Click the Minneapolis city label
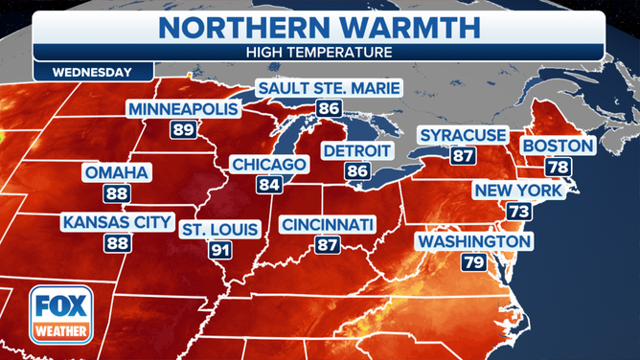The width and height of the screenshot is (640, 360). (182, 109)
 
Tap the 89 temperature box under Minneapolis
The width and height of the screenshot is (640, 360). (181, 129)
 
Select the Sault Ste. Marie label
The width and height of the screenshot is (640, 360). (329, 89)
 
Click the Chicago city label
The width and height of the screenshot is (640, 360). (269, 165)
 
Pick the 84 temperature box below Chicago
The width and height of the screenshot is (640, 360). (269, 185)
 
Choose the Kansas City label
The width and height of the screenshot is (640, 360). (118, 223)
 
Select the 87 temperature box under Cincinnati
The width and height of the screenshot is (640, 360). (328, 245)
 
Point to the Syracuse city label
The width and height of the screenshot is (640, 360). (463, 135)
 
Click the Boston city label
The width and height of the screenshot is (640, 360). (557, 146)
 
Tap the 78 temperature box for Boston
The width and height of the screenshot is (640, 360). (556, 167)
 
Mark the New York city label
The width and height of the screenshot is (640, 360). (517, 191)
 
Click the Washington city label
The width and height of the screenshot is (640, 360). (473, 241)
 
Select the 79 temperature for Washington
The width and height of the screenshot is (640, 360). (473, 261)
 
